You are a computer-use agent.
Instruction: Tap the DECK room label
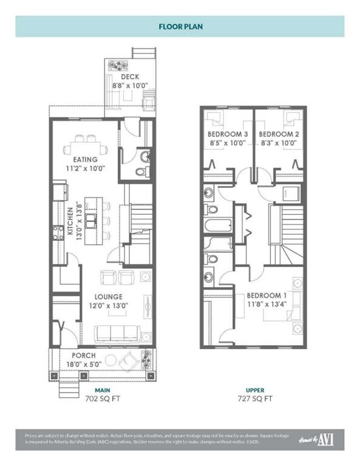pos(130,77)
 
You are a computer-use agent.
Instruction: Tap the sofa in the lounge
pos(118,333)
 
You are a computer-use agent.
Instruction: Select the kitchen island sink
pos(90,220)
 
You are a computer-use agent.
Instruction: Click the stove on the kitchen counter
pos(59,232)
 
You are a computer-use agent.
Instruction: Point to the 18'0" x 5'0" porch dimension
pos(84,365)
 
